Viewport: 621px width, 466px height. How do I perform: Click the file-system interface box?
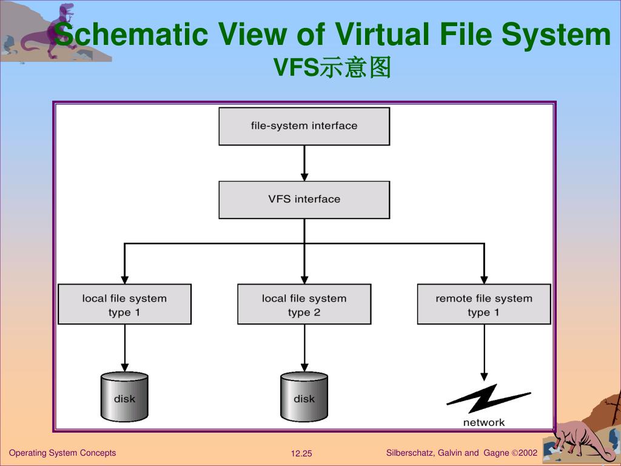pyautogui.click(x=304, y=126)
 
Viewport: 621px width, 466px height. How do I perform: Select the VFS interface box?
pyautogui.click(x=304, y=200)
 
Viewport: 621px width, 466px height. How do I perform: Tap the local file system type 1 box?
pyautogui.click(x=124, y=305)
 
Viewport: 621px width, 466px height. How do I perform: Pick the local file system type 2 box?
pyautogui.click(x=304, y=305)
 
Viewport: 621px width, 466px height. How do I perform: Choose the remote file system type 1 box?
pyautogui.click(x=484, y=305)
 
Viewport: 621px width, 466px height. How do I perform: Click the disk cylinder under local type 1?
pyautogui.click(x=124, y=397)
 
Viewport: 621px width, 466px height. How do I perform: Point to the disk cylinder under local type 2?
pyautogui.click(x=304, y=397)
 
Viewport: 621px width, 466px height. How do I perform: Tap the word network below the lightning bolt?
pyautogui.click(x=484, y=422)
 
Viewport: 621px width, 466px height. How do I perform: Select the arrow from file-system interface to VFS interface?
pyautogui.click(x=304, y=163)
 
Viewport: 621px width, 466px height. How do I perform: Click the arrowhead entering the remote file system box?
pyautogui.click(x=484, y=280)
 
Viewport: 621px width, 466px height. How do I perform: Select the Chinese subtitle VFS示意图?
pyautogui.click(x=332, y=68)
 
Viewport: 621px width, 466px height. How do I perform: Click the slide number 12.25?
pyautogui.click(x=301, y=454)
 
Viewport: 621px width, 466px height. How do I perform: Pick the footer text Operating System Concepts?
pyautogui.click(x=62, y=453)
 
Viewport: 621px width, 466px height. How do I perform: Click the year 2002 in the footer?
pyautogui.click(x=527, y=453)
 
